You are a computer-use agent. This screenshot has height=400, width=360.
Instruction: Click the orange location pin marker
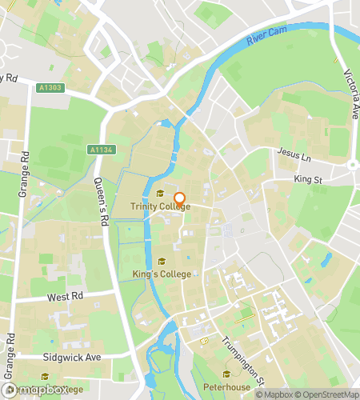179,199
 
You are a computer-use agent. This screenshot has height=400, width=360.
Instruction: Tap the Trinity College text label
161,206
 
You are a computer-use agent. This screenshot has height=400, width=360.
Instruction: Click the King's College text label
162,274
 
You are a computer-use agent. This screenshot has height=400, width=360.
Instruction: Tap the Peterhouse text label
228,386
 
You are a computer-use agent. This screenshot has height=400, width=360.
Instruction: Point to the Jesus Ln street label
294,151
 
